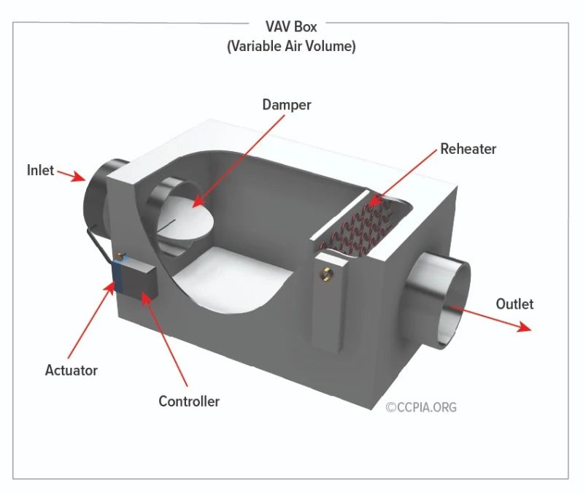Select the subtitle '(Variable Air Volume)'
[290, 46]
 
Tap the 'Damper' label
[287, 105]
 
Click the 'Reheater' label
[468, 149]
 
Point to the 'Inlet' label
[41, 170]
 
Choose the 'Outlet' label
[514, 304]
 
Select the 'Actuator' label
[72, 370]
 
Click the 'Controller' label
[189, 401]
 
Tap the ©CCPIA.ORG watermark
[421, 407]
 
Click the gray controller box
[137, 282]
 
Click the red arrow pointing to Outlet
[489, 319]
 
